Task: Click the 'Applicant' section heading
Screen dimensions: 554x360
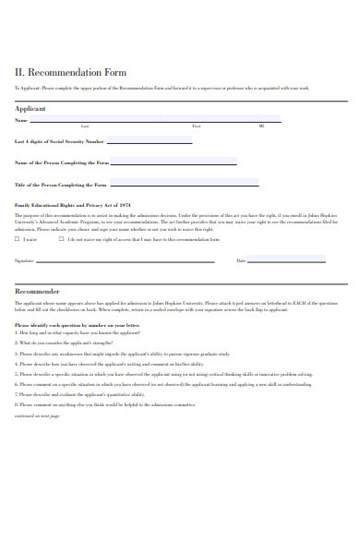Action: tap(30, 108)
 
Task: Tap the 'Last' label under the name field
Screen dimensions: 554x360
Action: tap(85, 126)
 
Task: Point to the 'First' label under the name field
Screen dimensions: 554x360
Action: tap(196, 126)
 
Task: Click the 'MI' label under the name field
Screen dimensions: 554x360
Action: tap(261, 126)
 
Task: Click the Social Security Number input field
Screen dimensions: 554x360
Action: tap(150, 140)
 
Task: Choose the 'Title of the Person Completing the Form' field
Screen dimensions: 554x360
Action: tap(172, 184)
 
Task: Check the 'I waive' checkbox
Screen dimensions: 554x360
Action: tap(18, 239)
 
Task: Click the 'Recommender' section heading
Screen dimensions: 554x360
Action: tap(37, 289)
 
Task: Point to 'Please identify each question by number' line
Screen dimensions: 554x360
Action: tap(77, 325)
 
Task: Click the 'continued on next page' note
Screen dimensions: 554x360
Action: tap(37, 416)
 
